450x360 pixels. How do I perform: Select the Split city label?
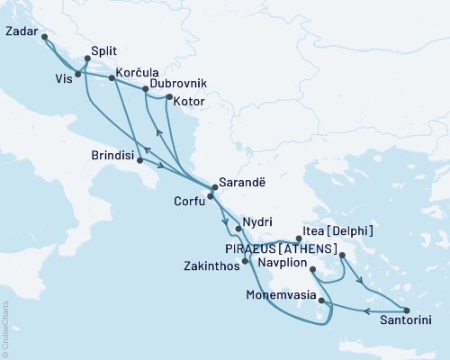pos(106,52)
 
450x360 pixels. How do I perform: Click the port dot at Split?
pos(86,58)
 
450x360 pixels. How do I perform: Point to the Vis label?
pos(61,78)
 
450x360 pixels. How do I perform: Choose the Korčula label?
pos(139,70)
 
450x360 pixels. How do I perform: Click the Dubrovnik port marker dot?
pos(145,89)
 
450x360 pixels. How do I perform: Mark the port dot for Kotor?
pos(168,96)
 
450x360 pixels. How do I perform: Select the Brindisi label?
pos(109,156)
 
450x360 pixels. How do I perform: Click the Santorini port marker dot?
pos(407,310)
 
